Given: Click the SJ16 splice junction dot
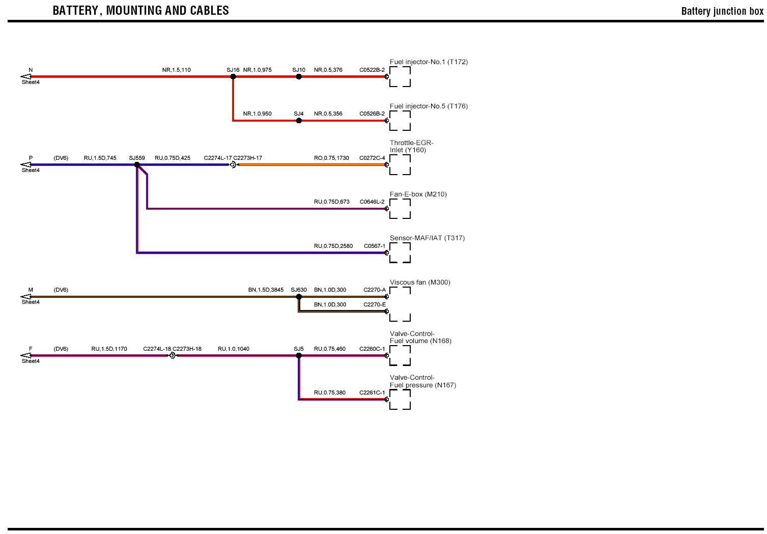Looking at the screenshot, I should click(233, 77).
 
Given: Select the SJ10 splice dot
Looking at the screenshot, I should click(299, 77).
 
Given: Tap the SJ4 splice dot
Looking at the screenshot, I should click(299, 121).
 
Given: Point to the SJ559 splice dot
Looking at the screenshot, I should click(137, 165).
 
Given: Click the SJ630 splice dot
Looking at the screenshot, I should click(299, 297).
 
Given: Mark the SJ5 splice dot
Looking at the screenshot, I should click(299, 356).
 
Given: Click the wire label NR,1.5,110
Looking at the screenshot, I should click(177, 70).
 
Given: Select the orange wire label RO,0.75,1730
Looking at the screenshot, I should click(331, 158).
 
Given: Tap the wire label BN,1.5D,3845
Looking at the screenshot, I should click(266, 290).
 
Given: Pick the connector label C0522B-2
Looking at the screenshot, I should click(372, 70).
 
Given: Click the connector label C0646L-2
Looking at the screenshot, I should click(372, 202).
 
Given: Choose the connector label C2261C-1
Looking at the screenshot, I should click(372, 393).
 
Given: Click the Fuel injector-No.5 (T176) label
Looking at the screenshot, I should click(429, 106).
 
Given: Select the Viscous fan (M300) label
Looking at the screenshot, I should click(420, 283).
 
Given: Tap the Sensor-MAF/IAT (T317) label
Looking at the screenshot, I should click(427, 238).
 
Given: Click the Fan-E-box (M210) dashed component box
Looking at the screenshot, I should click(400, 209).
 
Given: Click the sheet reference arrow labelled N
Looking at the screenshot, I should click(25, 77).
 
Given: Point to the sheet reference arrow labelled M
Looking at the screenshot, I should click(25, 297).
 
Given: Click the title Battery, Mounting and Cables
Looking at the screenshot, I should click(140, 11).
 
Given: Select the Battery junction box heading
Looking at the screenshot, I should click(722, 11).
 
